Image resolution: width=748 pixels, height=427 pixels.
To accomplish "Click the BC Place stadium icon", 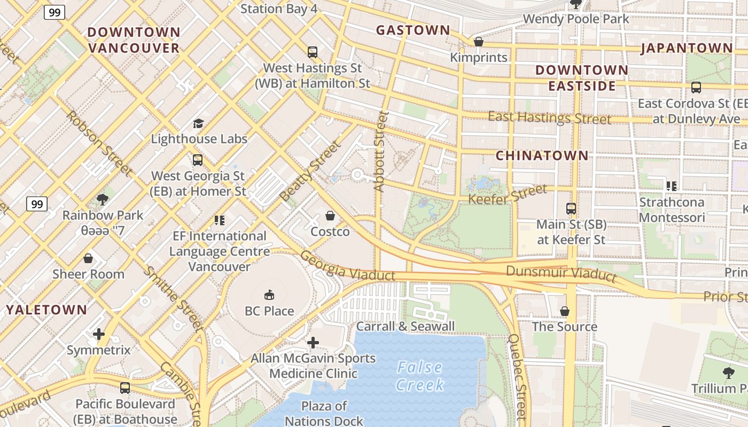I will point(269,295).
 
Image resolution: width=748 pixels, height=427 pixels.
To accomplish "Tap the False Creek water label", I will point(420,376).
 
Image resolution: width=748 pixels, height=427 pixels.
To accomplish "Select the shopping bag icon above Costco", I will point(330,216).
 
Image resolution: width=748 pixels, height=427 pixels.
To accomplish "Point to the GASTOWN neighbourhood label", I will point(413,30).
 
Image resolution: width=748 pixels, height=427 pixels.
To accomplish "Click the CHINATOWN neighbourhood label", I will point(542,156).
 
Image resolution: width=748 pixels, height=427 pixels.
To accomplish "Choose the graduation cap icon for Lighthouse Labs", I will point(199,123).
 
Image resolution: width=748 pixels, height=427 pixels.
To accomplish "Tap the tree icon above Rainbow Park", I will point(103,200).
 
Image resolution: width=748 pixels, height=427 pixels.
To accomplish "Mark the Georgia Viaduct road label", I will point(347,266).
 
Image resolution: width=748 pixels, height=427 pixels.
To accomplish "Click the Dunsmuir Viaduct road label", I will point(561,274).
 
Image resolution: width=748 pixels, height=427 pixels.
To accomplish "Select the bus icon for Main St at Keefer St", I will point(571,209).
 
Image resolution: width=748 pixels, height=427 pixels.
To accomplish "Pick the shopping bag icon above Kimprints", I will point(479,42).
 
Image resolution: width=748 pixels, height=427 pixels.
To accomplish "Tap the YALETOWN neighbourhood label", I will point(46,310).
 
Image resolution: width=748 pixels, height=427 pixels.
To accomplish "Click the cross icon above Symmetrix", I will point(99,335).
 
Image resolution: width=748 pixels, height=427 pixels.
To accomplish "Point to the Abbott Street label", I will point(380,152).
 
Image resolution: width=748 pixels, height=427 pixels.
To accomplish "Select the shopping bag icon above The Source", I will point(564,311).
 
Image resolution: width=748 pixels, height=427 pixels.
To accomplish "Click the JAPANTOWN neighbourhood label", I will point(687,48).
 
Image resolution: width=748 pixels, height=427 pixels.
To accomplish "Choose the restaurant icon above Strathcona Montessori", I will point(671,186).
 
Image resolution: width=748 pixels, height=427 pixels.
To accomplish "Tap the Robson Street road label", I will point(99,143).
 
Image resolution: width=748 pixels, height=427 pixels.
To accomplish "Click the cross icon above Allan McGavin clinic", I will point(313,342).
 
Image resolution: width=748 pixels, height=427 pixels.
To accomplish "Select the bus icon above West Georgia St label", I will point(198,160).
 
